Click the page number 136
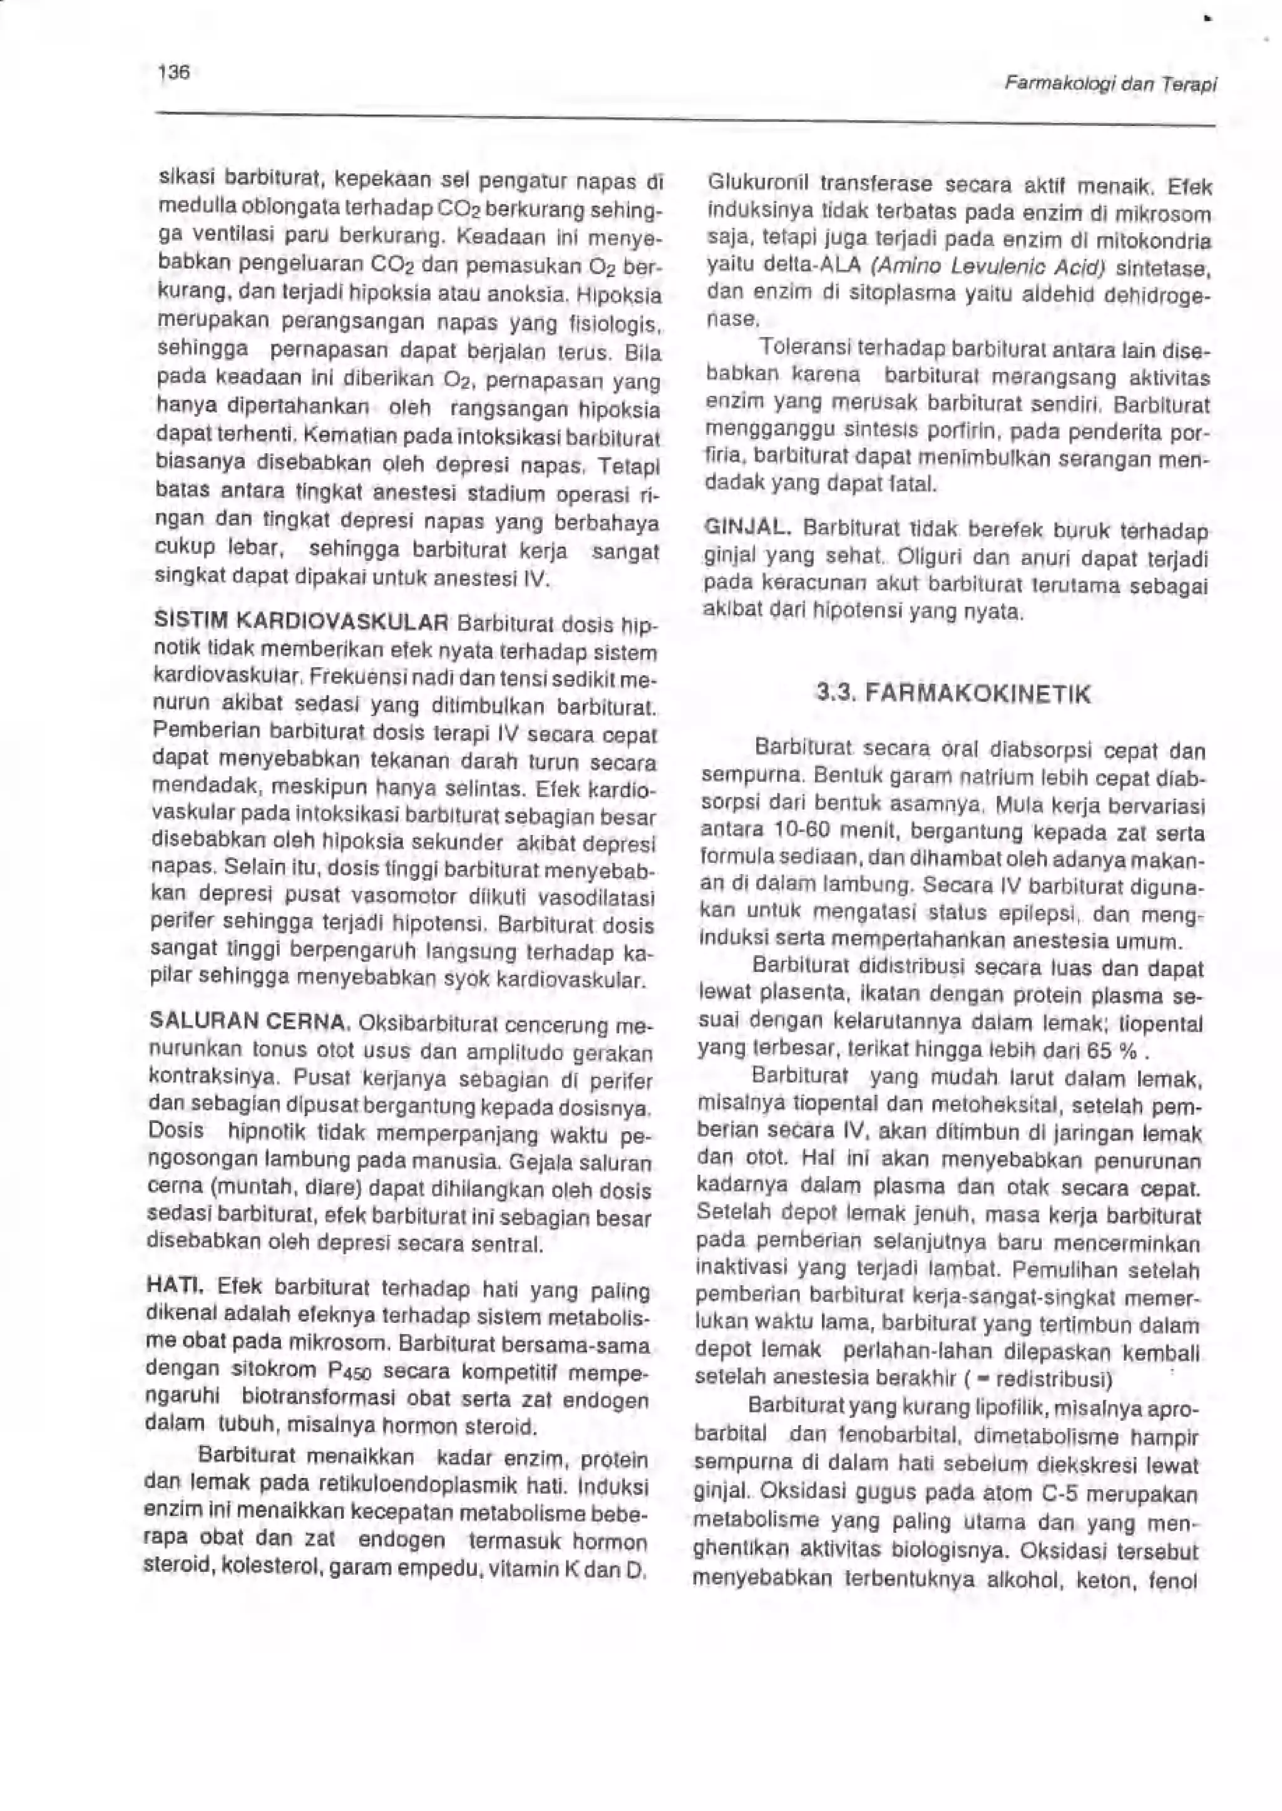173,73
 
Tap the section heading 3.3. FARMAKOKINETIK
955,694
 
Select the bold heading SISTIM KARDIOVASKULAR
302,621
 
